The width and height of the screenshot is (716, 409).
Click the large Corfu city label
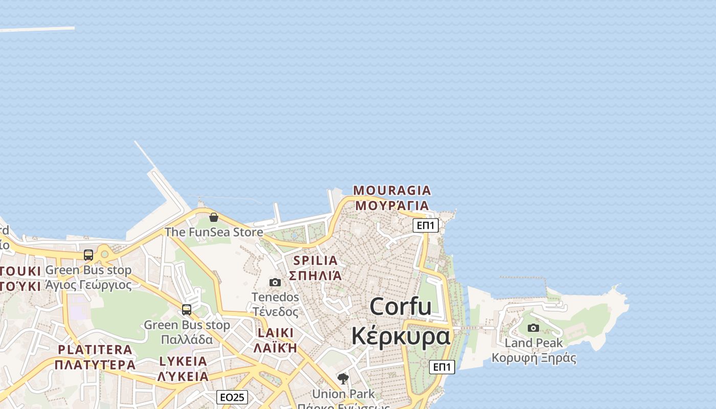click(400, 307)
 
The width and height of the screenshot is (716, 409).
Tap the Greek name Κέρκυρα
click(400, 336)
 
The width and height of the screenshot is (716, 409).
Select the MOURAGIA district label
click(392, 191)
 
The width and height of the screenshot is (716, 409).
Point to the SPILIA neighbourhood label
click(316, 260)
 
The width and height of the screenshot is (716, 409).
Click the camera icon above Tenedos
click(275, 282)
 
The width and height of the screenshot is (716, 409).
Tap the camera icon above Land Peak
click(533, 328)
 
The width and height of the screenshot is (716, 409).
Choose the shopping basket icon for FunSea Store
click(214, 217)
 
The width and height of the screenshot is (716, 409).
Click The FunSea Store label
click(214, 232)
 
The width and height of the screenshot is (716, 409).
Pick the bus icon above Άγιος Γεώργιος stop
click(88, 255)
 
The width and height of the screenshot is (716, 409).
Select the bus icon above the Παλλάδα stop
click(187, 309)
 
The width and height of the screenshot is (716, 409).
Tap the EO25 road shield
click(232, 397)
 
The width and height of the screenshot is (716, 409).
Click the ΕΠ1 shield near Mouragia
click(426, 225)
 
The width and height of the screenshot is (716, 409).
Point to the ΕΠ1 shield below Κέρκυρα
click(442, 367)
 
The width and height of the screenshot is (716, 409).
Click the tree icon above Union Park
click(343, 379)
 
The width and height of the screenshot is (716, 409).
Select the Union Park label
click(343, 394)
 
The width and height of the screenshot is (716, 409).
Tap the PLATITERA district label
click(95, 350)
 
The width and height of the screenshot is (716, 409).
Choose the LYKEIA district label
click(183, 361)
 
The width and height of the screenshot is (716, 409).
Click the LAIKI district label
click(276, 333)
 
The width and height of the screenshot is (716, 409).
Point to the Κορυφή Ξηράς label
click(533, 358)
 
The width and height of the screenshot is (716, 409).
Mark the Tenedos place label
click(275, 297)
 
